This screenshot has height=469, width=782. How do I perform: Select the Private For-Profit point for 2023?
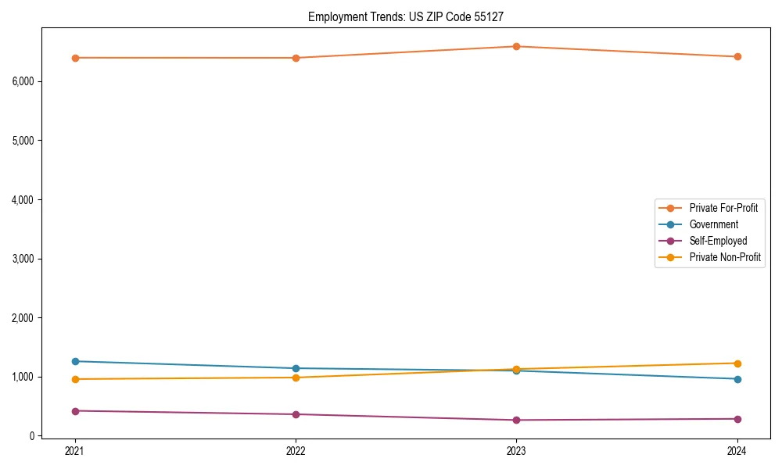click(x=516, y=46)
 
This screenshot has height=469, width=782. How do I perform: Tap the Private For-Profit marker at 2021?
click(x=75, y=58)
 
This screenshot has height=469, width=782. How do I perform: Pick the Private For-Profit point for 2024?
click(x=737, y=56)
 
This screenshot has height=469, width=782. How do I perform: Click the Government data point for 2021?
click(x=75, y=361)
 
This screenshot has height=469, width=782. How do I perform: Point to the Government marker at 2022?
click(x=296, y=368)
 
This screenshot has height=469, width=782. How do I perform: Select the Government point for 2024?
click(x=737, y=379)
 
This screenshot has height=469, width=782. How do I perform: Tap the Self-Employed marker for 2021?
click(x=75, y=410)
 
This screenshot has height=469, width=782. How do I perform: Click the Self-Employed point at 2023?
click(x=516, y=420)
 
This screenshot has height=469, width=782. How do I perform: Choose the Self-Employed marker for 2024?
click(x=737, y=419)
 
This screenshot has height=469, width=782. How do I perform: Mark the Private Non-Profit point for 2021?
click(x=75, y=379)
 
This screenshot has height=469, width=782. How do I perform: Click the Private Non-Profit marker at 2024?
click(x=737, y=363)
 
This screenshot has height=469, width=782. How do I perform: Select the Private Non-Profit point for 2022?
click(x=296, y=378)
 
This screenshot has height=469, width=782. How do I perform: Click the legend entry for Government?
click(x=713, y=224)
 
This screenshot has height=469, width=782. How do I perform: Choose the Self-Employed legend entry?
click(x=718, y=241)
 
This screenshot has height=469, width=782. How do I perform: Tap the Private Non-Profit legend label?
click(x=725, y=257)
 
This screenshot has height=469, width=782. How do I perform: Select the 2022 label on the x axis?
click(x=296, y=450)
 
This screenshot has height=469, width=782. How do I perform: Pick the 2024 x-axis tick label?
click(x=737, y=450)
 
